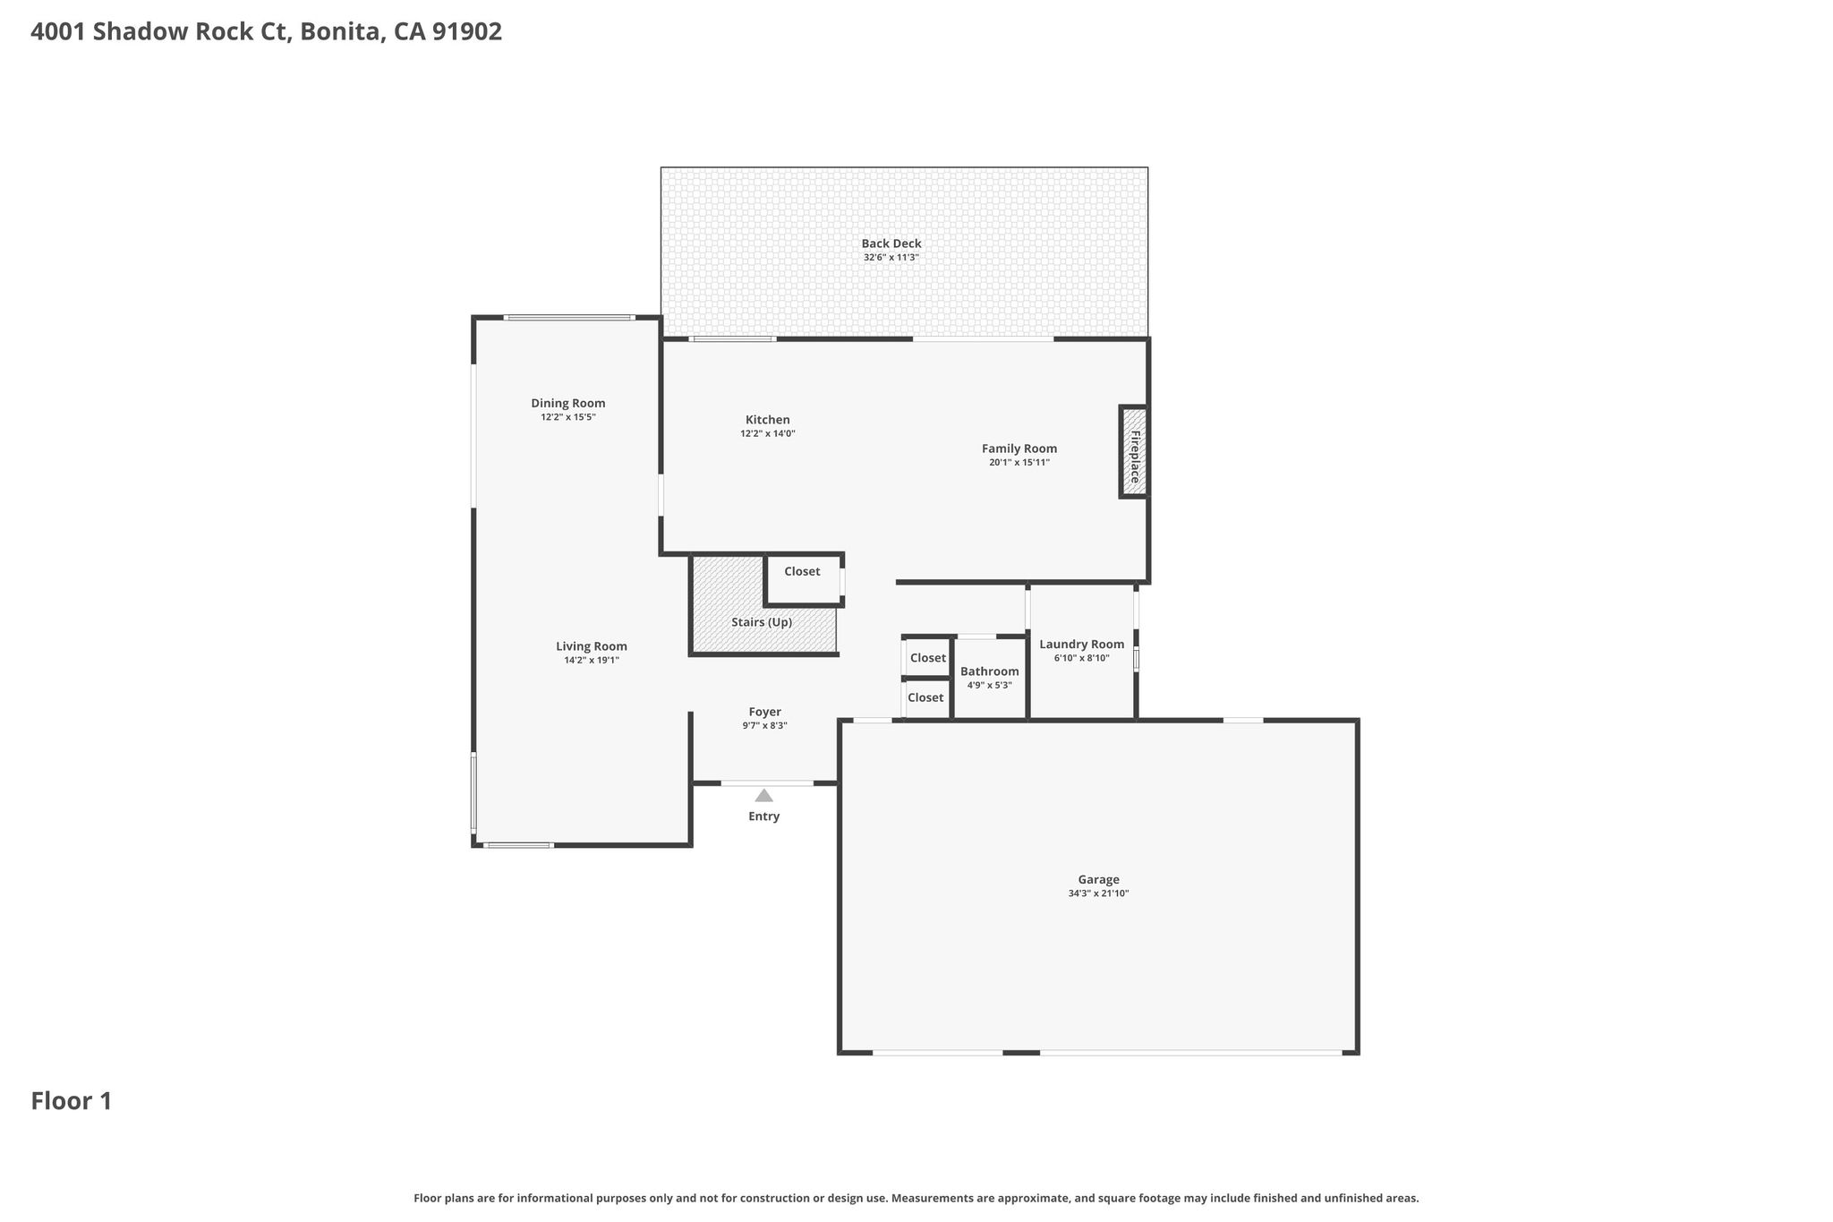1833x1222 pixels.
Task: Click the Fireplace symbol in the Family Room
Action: click(x=1134, y=452)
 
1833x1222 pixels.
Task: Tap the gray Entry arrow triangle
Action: click(x=763, y=795)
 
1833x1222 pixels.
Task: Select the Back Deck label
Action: click(x=891, y=244)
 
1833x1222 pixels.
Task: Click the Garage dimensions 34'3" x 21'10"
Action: click(x=1098, y=893)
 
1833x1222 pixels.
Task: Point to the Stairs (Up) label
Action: click(x=762, y=622)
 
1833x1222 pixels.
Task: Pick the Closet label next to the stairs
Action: click(x=802, y=571)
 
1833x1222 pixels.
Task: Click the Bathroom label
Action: click(x=990, y=671)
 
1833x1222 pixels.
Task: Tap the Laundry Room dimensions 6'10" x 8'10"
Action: click(x=1082, y=658)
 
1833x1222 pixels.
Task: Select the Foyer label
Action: click(x=765, y=712)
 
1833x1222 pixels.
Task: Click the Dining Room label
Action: click(x=568, y=403)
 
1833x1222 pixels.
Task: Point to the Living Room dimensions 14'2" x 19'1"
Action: click(x=592, y=661)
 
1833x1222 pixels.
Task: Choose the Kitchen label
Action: click(x=768, y=420)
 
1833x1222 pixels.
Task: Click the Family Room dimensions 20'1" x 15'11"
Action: click(x=1019, y=463)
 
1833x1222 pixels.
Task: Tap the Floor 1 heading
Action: click(x=72, y=1101)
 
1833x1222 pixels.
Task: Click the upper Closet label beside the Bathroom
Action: click(x=928, y=658)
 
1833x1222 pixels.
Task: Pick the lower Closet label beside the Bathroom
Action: click(x=925, y=697)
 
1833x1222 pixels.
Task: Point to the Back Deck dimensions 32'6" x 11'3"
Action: click(x=891, y=258)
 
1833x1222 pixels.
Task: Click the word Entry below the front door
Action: click(x=764, y=816)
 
